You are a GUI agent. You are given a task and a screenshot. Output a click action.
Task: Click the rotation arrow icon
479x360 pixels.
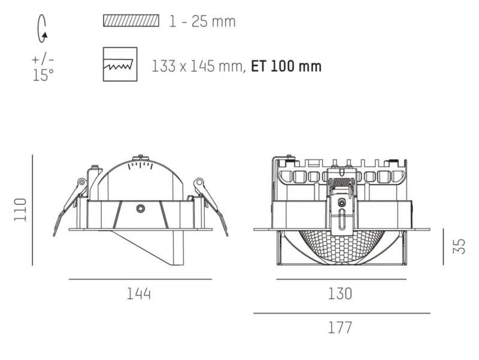(x=42, y=29)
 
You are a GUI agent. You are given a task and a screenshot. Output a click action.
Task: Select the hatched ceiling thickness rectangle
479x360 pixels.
(x=131, y=20)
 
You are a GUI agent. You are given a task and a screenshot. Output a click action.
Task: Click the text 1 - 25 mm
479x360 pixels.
(x=202, y=22)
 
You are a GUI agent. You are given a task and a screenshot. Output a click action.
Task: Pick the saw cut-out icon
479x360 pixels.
(x=120, y=64)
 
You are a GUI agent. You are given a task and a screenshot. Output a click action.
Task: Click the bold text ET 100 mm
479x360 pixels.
(x=286, y=66)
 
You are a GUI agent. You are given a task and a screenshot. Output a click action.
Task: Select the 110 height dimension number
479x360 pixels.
(x=20, y=210)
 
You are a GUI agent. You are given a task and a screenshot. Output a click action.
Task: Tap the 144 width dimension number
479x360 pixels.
(x=139, y=294)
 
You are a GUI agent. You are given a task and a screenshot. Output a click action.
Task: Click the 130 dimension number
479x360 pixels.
(x=340, y=294)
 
